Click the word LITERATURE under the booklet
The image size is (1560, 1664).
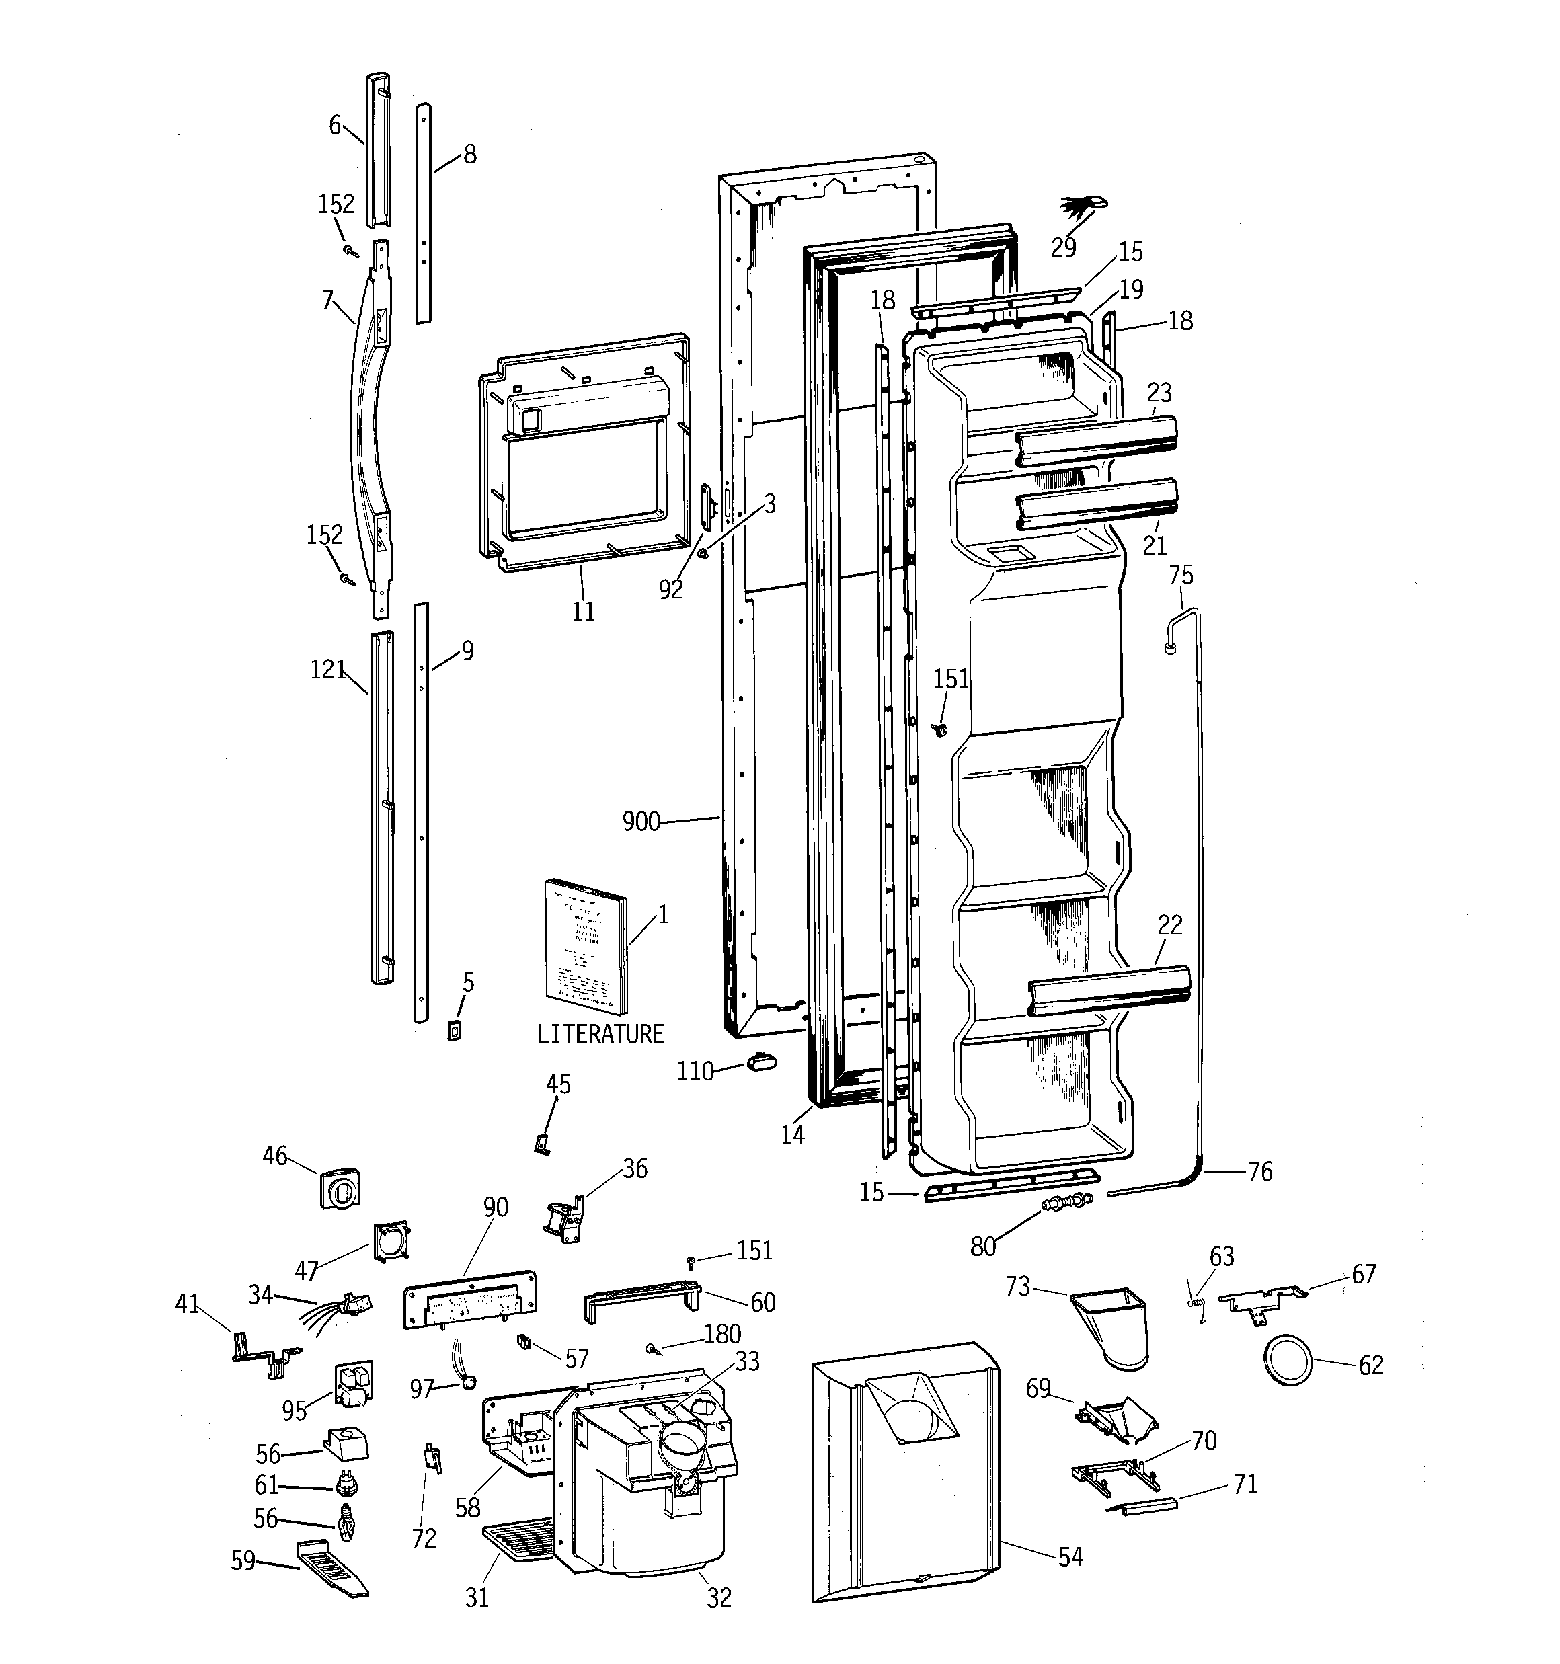(600, 1035)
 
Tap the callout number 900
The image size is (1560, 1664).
(641, 823)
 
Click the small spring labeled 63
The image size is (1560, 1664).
(1196, 1302)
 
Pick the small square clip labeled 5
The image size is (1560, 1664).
(455, 1031)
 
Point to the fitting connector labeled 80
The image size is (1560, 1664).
(1067, 1203)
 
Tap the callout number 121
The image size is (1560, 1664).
(327, 670)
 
